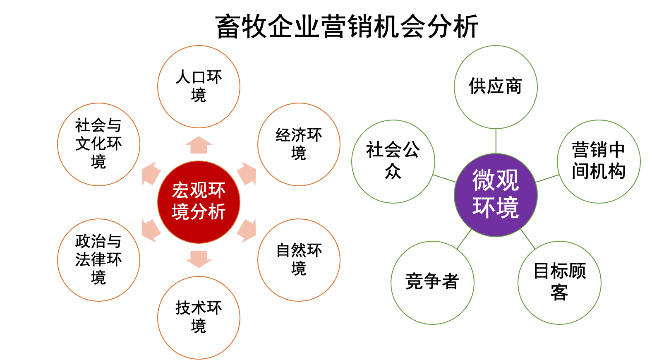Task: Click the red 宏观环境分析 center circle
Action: (x=199, y=202)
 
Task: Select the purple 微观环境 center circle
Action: (x=496, y=195)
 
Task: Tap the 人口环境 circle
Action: (x=199, y=86)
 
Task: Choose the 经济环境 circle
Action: (x=299, y=144)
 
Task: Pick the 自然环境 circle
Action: (x=299, y=260)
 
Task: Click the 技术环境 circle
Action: (x=199, y=317)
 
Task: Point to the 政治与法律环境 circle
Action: (x=98, y=260)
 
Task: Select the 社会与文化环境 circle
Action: (x=98, y=144)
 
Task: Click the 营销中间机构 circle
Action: (x=599, y=161)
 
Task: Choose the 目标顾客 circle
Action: (x=559, y=283)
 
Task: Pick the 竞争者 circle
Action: (x=432, y=283)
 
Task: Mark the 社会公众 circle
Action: (x=393, y=161)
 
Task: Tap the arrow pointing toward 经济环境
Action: (x=247, y=173)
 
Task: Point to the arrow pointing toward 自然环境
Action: (x=247, y=231)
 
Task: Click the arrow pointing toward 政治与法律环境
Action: (x=150, y=231)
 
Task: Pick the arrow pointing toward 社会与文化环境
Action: (x=150, y=173)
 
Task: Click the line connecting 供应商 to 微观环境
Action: (x=496, y=141)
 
